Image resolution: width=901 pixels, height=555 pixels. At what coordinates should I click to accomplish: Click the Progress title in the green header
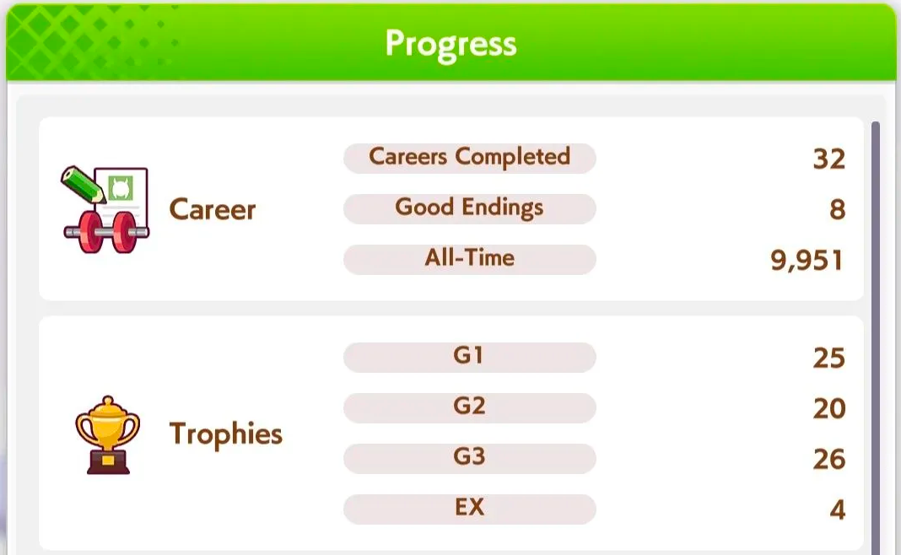tap(451, 44)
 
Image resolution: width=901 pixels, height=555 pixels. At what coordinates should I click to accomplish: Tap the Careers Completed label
tap(469, 157)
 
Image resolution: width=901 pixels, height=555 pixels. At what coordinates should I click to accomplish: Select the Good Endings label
tap(469, 207)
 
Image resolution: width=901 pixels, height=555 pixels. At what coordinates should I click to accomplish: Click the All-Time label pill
tap(469, 259)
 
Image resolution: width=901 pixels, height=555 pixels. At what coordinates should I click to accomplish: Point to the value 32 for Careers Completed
tap(829, 159)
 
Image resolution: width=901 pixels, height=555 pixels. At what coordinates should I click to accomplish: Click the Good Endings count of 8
tap(837, 210)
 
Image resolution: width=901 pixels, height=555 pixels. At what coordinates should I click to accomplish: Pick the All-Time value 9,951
tap(807, 261)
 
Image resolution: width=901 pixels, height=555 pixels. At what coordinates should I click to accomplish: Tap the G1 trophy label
tap(468, 356)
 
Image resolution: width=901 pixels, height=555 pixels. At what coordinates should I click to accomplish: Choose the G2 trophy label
tap(469, 407)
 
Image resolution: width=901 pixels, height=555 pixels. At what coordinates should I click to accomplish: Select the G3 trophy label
tap(469, 457)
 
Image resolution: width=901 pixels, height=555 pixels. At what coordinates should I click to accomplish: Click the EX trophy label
tap(469, 507)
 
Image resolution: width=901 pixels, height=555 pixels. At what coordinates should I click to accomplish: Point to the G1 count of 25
tap(829, 358)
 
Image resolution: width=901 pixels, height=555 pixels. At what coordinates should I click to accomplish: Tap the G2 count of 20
tap(829, 408)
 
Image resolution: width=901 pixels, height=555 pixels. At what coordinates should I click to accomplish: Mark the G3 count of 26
tap(829, 459)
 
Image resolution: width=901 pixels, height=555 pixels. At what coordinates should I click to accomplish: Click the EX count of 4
tap(837, 509)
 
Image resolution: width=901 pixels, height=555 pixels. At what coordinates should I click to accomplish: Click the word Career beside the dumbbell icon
tap(213, 209)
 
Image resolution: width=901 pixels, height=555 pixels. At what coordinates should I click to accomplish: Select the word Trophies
tap(226, 434)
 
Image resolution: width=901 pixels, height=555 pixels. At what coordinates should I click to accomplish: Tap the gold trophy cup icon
tap(107, 435)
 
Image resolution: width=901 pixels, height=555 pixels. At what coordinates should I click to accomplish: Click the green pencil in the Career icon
tap(83, 185)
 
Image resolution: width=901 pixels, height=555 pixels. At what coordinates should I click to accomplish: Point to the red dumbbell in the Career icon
tap(106, 232)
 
